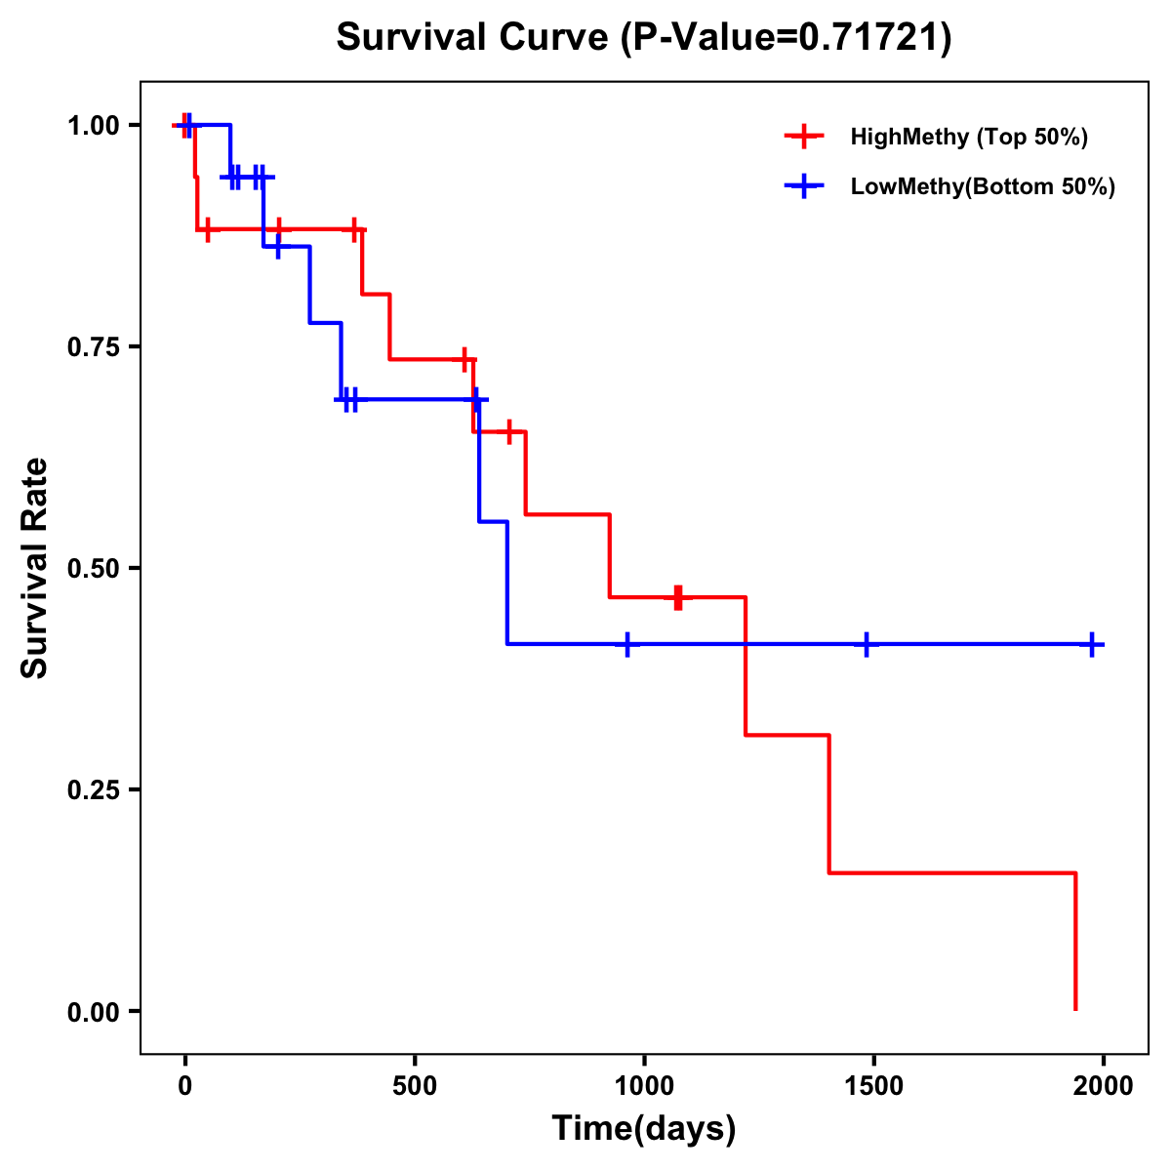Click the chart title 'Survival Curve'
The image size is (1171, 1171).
tap(474, 38)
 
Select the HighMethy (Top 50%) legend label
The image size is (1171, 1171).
tap(968, 137)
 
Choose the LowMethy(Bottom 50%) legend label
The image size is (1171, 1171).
tap(982, 186)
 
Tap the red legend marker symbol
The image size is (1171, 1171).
tap(804, 137)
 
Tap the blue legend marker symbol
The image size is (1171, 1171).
tap(804, 186)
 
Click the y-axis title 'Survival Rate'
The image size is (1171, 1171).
tap(35, 568)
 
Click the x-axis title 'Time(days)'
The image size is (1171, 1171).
tap(644, 1128)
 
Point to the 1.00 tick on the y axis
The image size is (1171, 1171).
tap(92, 125)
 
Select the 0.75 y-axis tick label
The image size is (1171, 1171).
tap(92, 346)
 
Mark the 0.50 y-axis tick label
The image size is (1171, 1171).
tap(92, 568)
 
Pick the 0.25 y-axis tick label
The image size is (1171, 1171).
tap(92, 789)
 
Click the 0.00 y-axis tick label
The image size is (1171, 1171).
tap(92, 1012)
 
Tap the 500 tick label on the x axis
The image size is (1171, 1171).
tap(415, 1085)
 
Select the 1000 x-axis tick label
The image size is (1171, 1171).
tap(644, 1085)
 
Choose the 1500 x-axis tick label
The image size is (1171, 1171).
tap(873, 1085)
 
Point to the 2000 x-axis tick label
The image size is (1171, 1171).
tap(1103, 1085)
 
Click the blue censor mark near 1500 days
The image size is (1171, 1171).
tap(866, 644)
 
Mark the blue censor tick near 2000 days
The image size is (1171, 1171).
tap(1092, 644)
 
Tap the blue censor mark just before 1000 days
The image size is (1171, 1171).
tap(627, 644)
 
